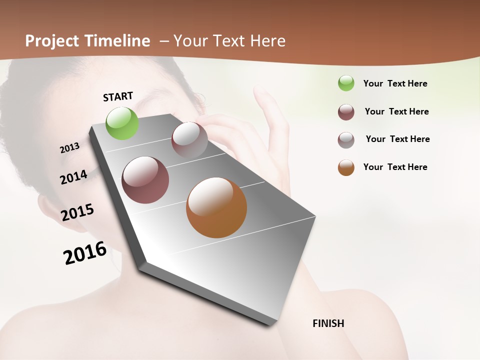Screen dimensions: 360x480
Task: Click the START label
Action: [118, 96]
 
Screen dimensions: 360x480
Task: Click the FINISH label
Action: [328, 323]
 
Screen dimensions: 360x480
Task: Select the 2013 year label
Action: [69, 148]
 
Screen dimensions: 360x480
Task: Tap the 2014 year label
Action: [73, 177]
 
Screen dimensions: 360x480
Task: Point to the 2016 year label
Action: [85, 253]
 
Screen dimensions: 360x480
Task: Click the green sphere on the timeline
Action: [122, 123]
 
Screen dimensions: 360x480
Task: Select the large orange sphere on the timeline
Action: [216, 207]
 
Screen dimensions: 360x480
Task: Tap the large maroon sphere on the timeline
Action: [145, 180]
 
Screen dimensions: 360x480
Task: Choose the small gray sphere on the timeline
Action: [189, 140]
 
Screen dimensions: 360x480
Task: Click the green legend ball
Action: [346, 83]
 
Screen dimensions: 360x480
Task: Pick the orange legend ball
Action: [346, 167]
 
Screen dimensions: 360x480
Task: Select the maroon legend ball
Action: [346, 112]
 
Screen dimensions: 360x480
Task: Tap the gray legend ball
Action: [346, 140]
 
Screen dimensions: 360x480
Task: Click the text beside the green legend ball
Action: [395, 83]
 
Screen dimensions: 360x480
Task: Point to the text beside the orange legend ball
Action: [395, 167]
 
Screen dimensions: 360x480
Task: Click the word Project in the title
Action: [52, 41]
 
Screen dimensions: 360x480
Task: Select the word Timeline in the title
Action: [117, 41]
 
